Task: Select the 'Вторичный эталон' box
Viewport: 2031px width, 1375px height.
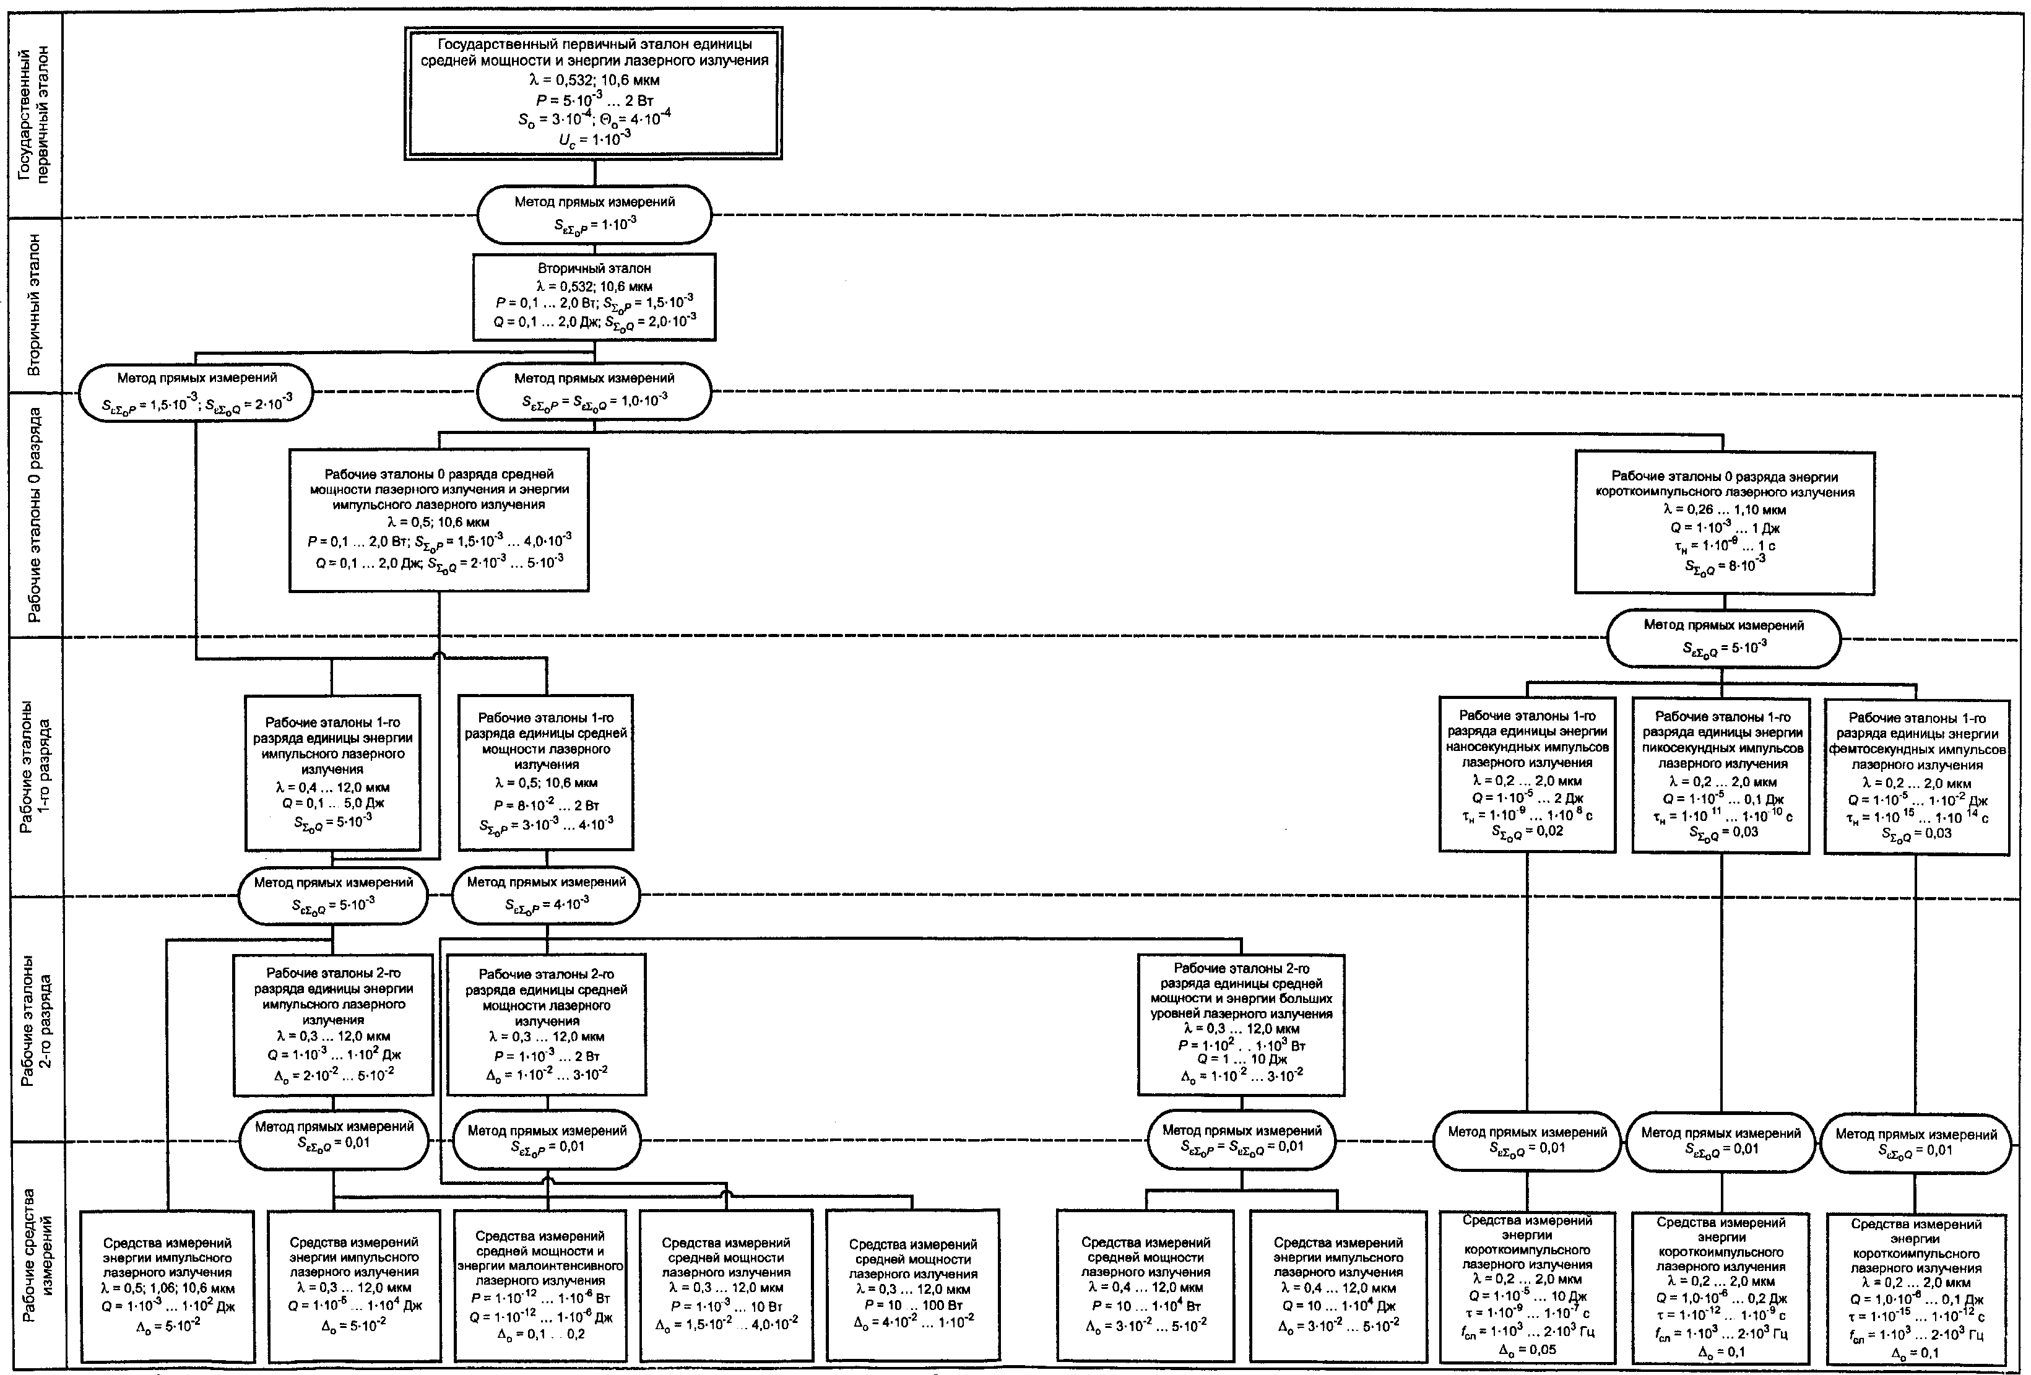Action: point(594,297)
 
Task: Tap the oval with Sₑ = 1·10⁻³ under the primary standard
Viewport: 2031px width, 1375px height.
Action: point(594,214)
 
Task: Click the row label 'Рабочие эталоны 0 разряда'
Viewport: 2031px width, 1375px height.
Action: point(34,515)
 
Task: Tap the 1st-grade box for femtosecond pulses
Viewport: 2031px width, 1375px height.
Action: point(1916,774)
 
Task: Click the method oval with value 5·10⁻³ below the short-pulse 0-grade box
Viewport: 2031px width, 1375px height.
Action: point(1723,639)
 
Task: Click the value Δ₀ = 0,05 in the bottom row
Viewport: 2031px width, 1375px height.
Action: point(1526,1349)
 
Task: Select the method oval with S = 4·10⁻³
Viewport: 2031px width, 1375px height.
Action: point(546,895)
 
